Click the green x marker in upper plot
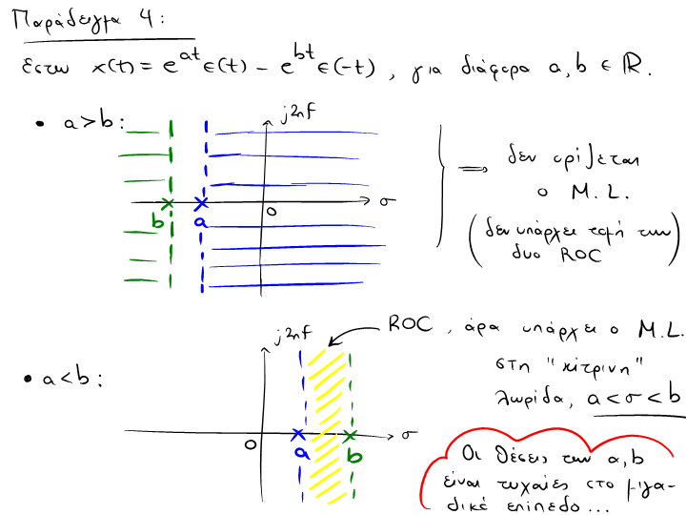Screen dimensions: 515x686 169,203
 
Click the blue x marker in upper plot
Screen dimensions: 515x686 200,203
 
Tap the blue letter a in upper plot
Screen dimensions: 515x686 199,222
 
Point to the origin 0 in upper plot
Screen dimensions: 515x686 272,212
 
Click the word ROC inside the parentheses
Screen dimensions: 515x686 580,256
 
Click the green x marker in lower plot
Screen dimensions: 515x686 351,435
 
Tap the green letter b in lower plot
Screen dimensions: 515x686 354,456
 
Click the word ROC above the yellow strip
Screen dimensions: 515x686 410,324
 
